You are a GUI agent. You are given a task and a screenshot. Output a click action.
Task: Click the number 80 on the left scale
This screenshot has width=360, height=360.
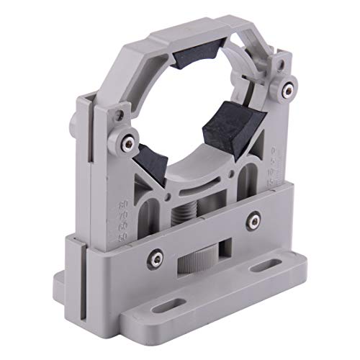point(122,204)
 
